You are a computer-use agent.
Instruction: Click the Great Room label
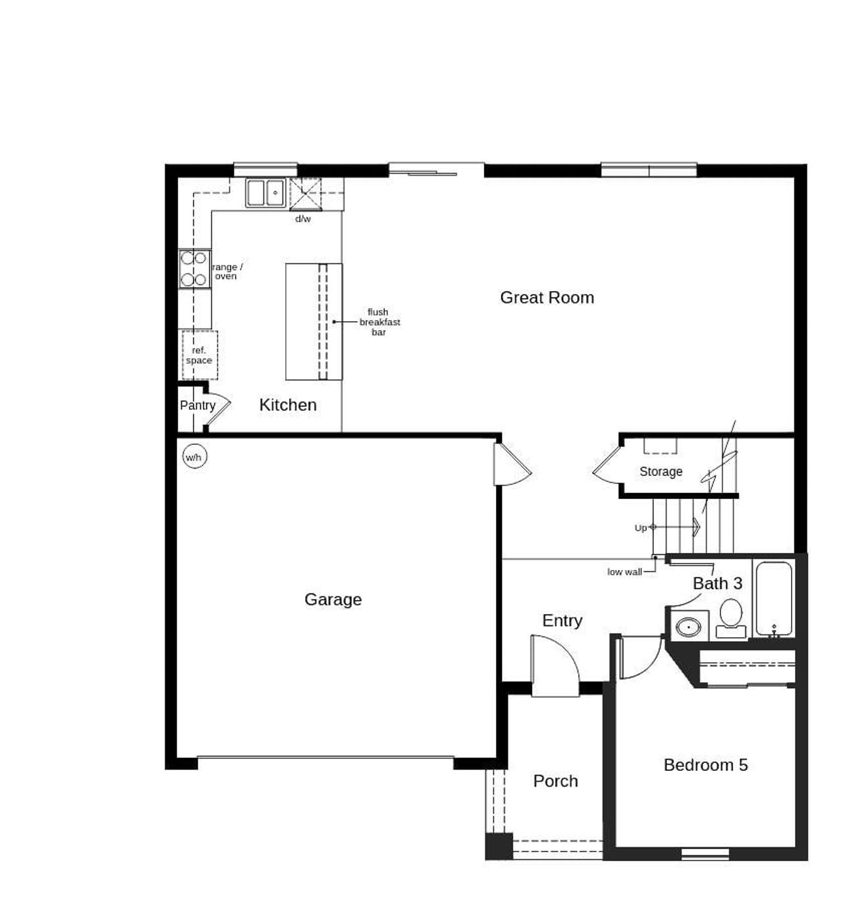coord(547,298)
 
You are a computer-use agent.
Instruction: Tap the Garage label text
coord(333,599)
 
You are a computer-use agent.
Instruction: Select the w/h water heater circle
coord(194,457)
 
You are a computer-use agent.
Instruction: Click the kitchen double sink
coord(265,193)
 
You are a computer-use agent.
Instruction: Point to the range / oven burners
coord(194,269)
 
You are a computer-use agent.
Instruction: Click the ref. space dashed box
coord(199,355)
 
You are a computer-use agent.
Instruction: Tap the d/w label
coord(303,219)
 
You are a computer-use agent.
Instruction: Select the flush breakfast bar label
coord(379,322)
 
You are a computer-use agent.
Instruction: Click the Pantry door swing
coord(218,406)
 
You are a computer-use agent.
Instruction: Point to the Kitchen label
coord(288,405)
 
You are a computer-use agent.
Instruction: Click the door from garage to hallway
coord(511,465)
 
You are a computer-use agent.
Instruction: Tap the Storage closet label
coord(661,471)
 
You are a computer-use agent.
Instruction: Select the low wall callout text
coord(624,572)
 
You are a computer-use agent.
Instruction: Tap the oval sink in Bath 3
coord(688,627)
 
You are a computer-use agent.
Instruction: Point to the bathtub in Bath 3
coord(773,598)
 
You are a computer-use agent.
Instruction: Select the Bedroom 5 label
coord(705,765)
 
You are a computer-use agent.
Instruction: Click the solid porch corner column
coord(499,846)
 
